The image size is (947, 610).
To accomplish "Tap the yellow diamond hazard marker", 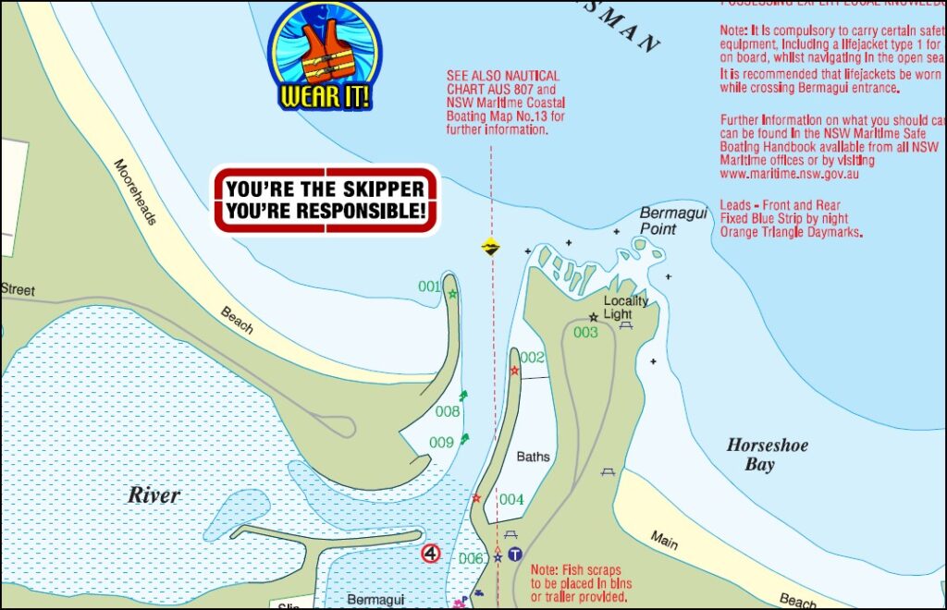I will coord(490,246).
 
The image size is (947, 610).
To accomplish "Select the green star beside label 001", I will coord(452,294).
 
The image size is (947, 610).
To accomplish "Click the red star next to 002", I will coord(514,371).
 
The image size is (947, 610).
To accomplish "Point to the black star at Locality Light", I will coord(593,317).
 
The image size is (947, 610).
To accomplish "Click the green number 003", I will coord(585,333).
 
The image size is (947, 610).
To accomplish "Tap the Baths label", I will coord(533,457).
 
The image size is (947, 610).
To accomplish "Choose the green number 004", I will coord(511,500).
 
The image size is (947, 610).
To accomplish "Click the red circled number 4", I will coord(430,554).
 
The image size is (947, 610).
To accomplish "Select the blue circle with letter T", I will coord(515,555).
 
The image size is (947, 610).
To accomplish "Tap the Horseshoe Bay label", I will coord(767,455).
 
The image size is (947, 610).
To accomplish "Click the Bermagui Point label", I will coord(673,220).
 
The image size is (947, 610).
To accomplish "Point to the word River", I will coord(154,495).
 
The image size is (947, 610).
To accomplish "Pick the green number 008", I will coord(448,411).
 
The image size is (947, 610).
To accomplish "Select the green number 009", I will coord(441,443).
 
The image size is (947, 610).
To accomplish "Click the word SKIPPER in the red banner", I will coord(379,189).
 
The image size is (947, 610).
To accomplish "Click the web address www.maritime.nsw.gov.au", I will coord(789,173).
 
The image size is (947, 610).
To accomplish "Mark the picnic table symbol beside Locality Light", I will coord(626,324).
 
